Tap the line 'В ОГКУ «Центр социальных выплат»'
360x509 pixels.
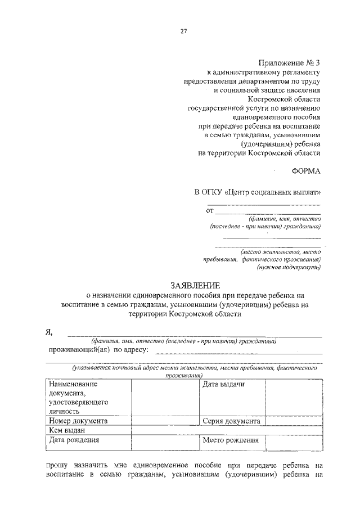point(258,192)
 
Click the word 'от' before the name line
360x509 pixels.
point(210,211)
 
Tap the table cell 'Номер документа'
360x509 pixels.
point(78,421)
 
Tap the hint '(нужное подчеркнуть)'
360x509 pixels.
point(289,268)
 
